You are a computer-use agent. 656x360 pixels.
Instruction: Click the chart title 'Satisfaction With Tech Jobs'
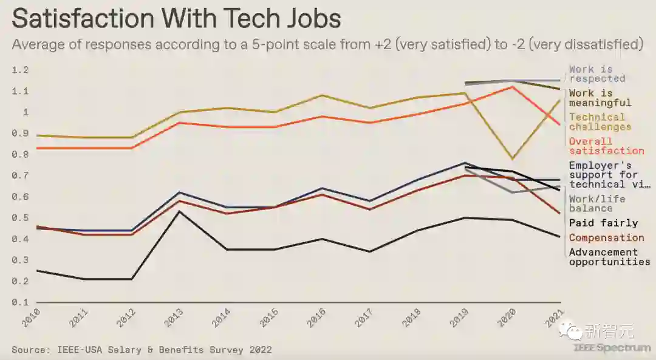[x=176, y=19]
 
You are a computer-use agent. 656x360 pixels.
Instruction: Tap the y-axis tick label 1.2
[x=20, y=70]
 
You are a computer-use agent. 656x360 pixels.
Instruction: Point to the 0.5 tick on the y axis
[x=20, y=218]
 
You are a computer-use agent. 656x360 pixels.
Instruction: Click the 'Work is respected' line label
[x=597, y=74]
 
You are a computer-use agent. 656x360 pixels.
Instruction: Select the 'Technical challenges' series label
[x=600, y=122]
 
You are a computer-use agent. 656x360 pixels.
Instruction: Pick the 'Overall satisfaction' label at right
[x=606, y=146]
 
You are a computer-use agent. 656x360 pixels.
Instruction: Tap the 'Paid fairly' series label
[x=603, y=223]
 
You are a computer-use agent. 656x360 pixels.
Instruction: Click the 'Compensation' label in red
[x=606, y=238]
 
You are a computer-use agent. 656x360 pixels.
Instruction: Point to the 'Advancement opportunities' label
[x=609, y=257]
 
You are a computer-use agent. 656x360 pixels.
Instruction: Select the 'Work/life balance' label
[x=597, y=203]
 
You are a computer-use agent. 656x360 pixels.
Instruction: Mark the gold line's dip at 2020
[x=513, y=158]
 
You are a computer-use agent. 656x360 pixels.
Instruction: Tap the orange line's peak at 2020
[x=513, y=87]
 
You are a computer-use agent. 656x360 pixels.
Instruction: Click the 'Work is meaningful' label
[x=600, y=98]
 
